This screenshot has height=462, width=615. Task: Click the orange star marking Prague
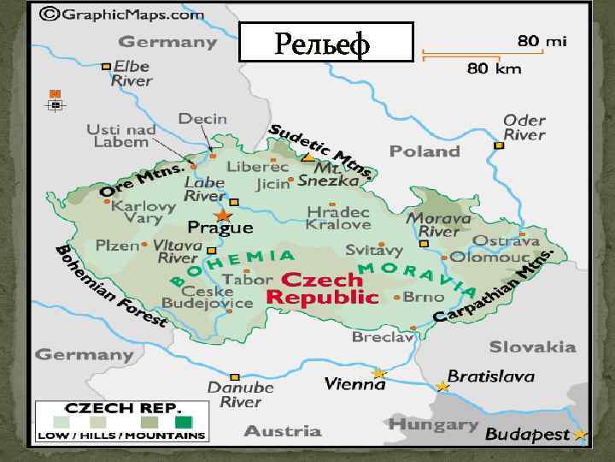click(223, 215)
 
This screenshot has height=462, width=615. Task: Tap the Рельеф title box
click(325, 42)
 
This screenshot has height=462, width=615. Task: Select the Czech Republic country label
click(322, 289)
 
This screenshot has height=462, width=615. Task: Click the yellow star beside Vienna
click(378, 373)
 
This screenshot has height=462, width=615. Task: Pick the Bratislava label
click(491, 376)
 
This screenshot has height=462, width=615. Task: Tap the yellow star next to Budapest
click(581, 435)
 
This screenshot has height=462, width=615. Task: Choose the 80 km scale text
click(494, 68)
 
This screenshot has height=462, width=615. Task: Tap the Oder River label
click(524, 127)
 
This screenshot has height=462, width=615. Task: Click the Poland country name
click(425, 151)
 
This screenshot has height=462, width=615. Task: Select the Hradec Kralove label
click(338, 218)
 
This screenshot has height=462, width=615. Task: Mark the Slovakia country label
click(532, 346)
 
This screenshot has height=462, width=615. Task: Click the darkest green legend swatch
click(183, 422)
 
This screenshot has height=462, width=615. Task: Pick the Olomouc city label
click(490, 256)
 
